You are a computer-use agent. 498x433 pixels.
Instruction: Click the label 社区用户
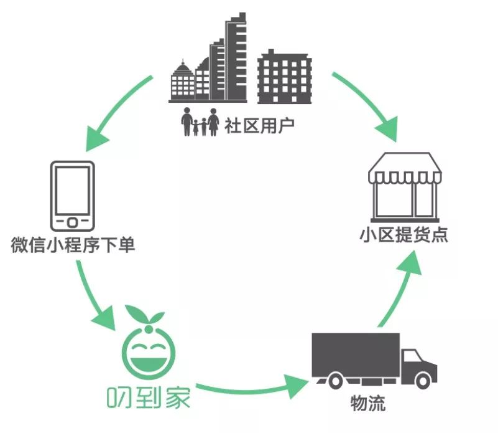pos(259,126)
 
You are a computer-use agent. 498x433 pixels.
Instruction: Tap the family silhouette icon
pos(200,121)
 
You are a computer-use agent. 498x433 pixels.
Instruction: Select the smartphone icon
pos(72,196)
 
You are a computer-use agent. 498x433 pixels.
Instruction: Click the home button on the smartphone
pos(72,222)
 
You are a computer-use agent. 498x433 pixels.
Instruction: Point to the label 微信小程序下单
pos(73,245)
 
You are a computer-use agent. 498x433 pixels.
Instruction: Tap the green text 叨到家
pos(149,397)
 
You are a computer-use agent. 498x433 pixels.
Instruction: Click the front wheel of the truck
pos(423,381)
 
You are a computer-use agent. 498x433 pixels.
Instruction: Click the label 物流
pos(368,403)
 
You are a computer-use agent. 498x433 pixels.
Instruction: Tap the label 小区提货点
pos(403,235)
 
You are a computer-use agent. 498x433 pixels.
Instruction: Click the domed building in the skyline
pos(182,81)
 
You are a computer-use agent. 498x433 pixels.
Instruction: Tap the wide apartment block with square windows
pos(284,77)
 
